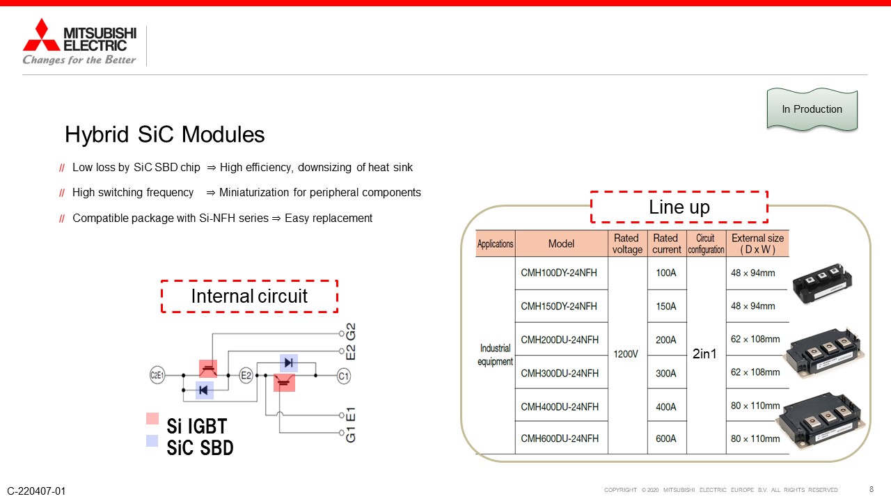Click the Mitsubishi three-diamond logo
point(41,35)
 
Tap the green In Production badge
point(812,109)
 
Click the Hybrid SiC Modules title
point(165,134)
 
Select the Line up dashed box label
point(679,207)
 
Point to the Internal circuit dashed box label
point(249,296)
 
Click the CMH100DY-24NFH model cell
point(559,273)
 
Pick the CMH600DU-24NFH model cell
point(560,438)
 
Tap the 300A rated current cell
point(666,374)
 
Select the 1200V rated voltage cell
point(626,354)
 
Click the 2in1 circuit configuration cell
point(704,353)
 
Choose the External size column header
point(758,244)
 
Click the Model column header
point(561,244)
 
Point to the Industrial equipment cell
point(495,355)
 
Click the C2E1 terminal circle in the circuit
point(157,375)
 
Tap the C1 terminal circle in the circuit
point(344,376)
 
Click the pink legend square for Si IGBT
point(152,419)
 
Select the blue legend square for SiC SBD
point(152,440)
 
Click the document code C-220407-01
point(36,491)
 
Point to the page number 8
point(872,489)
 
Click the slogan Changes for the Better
point(79,60)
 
